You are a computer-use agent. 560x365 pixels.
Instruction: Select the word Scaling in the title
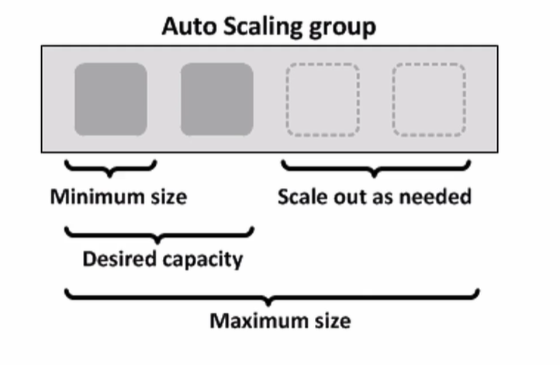coord(259,27)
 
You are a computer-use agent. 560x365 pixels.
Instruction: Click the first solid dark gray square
coord(111,99)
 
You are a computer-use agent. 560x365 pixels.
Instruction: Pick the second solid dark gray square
coord(216,99)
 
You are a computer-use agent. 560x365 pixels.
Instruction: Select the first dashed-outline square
coord(323,99)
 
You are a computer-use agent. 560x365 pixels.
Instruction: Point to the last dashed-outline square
coord(429,99)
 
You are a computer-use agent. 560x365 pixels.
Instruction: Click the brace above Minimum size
coord(111,167)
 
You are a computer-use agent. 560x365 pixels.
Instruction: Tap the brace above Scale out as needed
coord(376,167)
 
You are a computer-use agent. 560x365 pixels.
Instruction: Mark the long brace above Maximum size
coord(271,296)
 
